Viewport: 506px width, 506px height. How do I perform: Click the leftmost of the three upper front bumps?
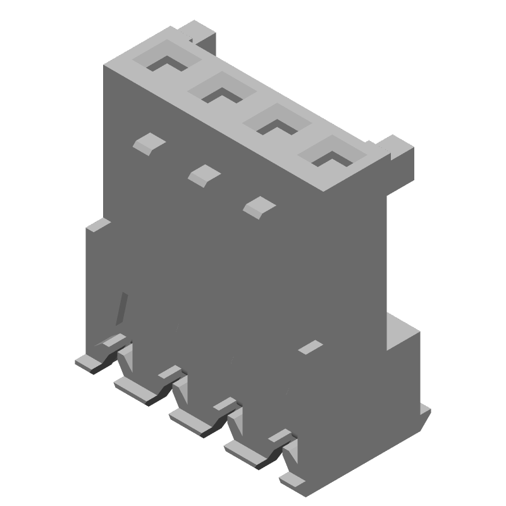click(x=149, y=144)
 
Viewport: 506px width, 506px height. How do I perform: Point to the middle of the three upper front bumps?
click(x=203, y=175)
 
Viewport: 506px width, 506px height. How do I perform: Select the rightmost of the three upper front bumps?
click(x=257, y=206)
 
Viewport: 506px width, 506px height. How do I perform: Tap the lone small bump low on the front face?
click(x=309, y=347)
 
